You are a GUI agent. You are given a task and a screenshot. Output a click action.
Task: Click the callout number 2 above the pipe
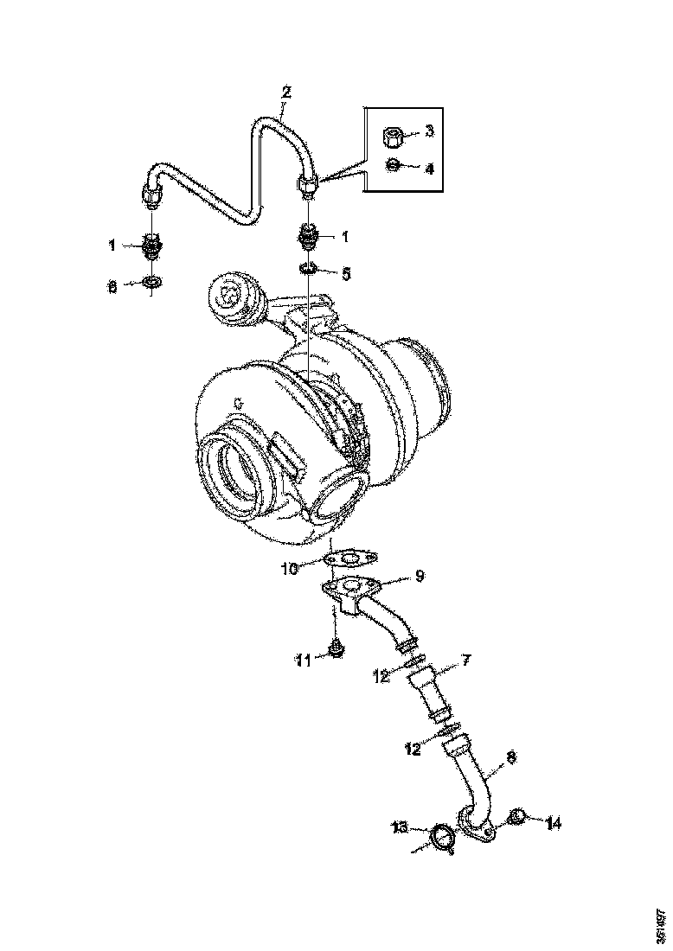[287, 92]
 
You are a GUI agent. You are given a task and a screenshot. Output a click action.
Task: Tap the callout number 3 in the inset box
[429, 132]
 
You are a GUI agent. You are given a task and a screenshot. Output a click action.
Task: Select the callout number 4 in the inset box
[429, 168]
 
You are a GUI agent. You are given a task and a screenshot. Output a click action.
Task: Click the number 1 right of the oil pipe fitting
[346, 235]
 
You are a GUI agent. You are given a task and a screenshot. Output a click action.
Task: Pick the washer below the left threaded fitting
[152, 282]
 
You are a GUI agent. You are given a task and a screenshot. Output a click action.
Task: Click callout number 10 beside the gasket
[289, 568]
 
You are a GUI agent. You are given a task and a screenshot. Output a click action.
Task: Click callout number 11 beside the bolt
[303, 661]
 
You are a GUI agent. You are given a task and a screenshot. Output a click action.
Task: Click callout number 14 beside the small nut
[553, 824]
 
